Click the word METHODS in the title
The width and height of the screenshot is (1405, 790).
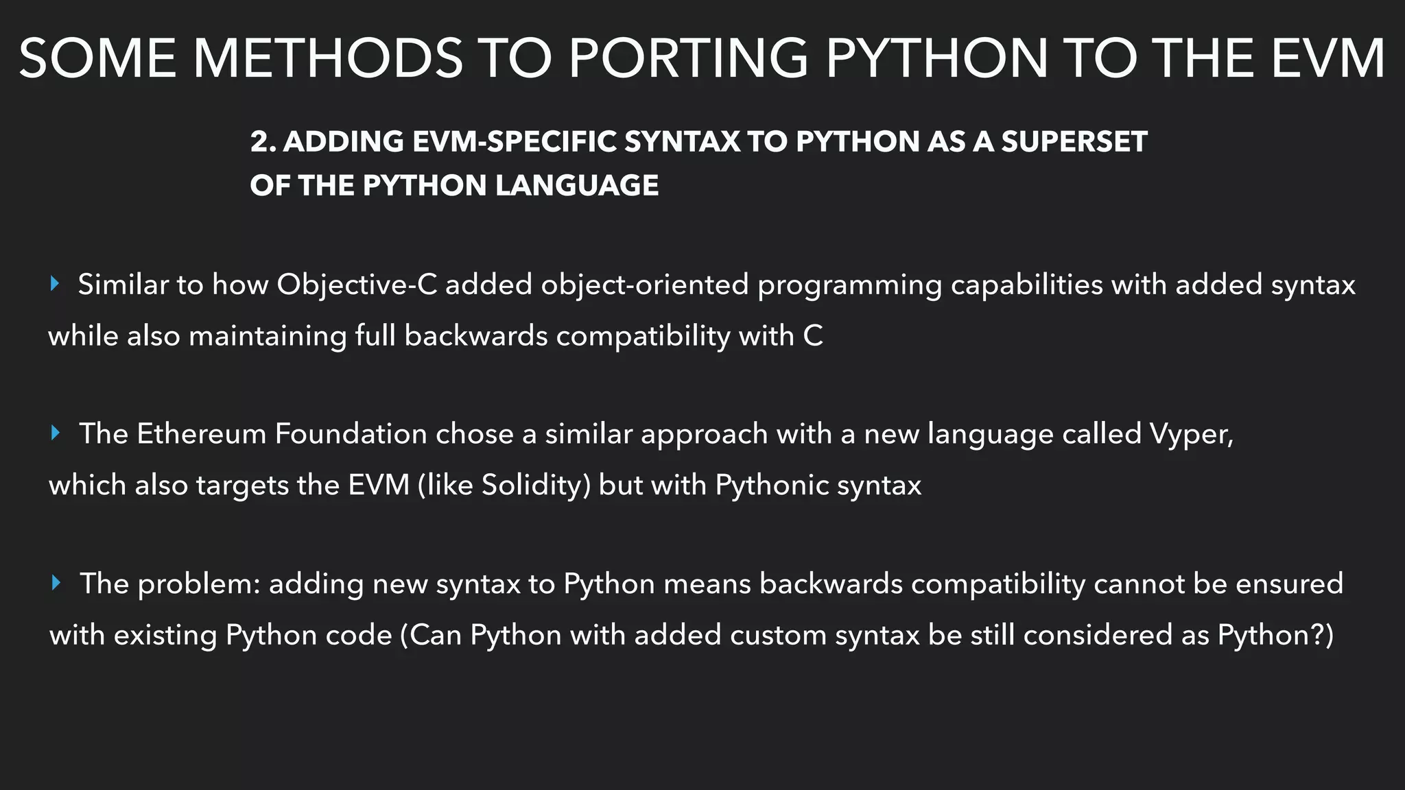tap(328, 58)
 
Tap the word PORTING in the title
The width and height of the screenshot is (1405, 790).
tap(688, 58)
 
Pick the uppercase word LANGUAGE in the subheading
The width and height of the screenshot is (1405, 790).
tap(577, 186)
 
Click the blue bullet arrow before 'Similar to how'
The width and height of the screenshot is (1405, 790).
tap(56, 284)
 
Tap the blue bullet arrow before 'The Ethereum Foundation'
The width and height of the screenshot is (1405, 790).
tap(56, 433)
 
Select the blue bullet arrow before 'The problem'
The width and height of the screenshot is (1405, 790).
tap(56, 583)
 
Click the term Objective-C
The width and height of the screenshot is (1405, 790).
tap(357, 285)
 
